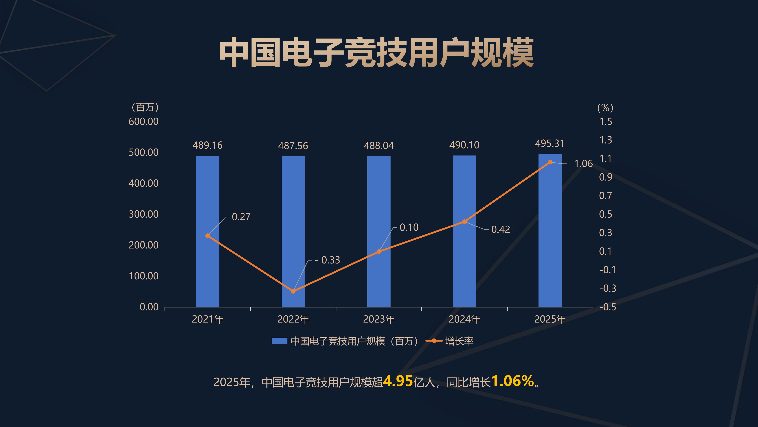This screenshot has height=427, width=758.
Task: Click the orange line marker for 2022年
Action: point(293,291)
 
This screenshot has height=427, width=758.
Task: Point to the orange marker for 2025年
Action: point(550,162)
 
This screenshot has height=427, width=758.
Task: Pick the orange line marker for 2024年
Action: point(464,222)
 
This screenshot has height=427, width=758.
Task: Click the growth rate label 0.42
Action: point(501,229)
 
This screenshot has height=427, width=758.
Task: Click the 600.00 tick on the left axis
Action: point(144,121)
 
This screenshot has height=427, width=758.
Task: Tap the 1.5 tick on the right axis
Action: point(606,121)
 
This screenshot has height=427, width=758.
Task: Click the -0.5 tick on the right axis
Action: point(607,307)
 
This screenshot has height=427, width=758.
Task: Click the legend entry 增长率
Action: point(459,341)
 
